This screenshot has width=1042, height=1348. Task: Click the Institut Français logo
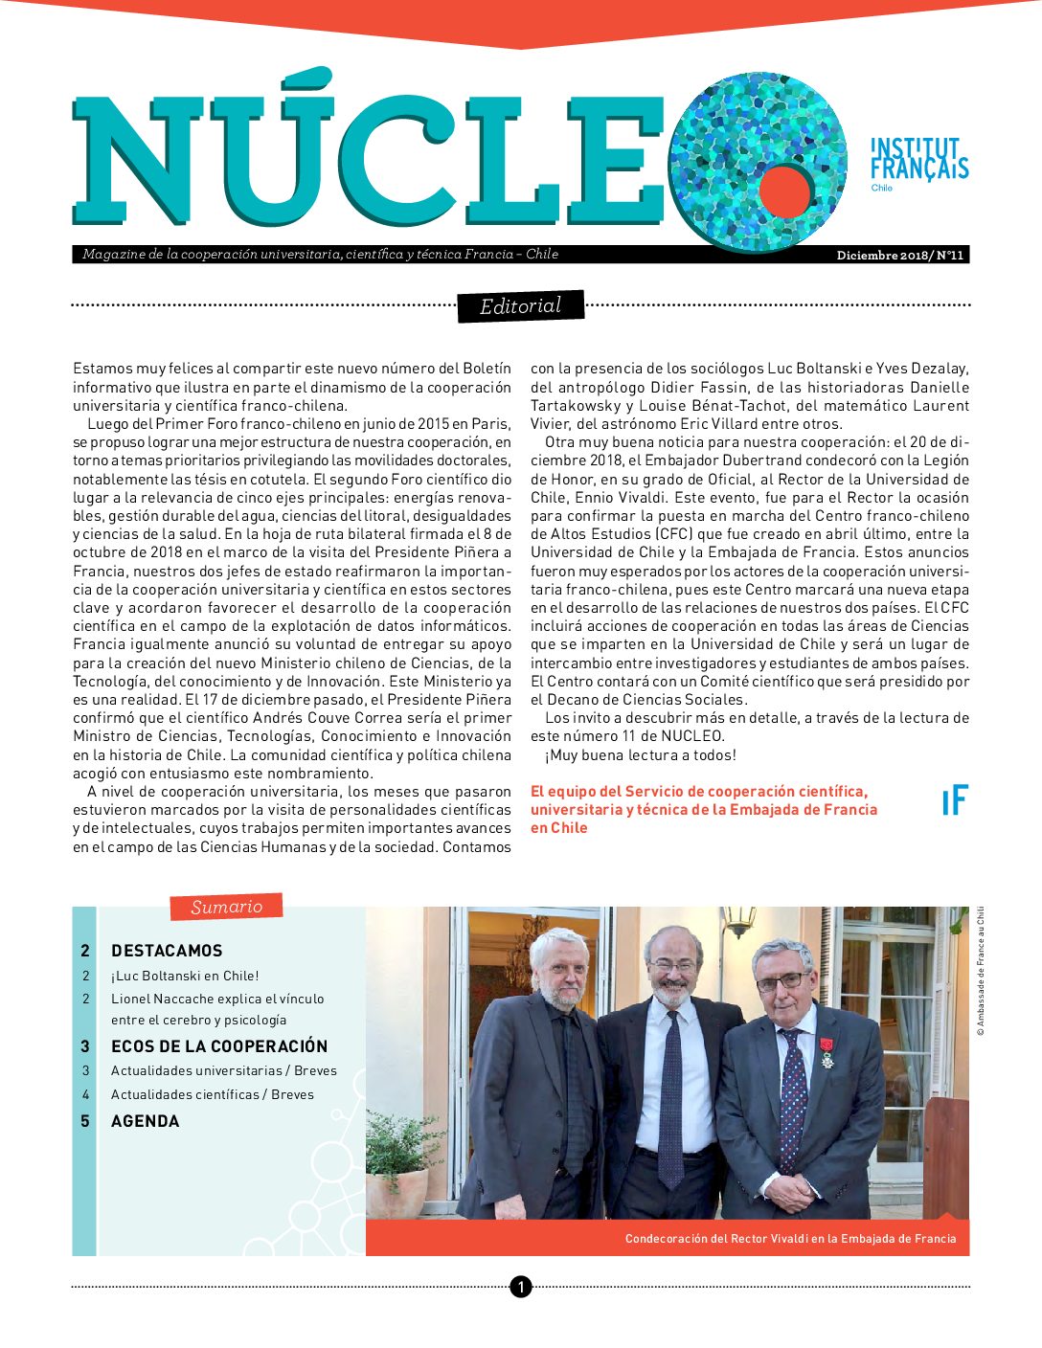(918, 161)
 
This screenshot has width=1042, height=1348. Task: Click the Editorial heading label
(520, 306)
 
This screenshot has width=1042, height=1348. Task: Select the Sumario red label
(226, 907)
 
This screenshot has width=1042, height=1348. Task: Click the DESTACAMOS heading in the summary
(167, 951)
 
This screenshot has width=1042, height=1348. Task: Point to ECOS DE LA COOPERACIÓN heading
(219, 1046)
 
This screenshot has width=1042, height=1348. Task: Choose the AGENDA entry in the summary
(146, 1121)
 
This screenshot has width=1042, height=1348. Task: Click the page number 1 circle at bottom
(520, 1287)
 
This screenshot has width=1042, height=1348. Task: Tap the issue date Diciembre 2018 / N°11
(899, 255)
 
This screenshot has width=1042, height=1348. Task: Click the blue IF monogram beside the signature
(955, 800)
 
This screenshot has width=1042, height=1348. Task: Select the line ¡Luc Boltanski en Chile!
(185, 976)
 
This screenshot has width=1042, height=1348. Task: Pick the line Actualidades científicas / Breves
(213, 1094)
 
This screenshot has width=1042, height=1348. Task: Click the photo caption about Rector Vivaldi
(790, 1239)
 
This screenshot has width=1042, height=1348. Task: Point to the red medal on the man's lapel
(826, 1044)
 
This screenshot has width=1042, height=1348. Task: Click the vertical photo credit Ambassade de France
(981, 972)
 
